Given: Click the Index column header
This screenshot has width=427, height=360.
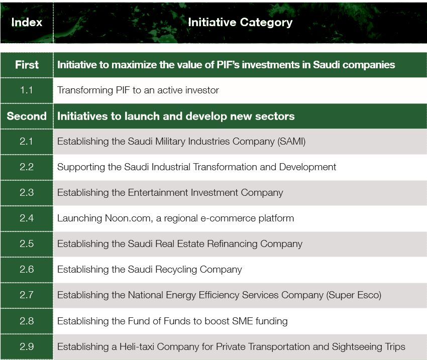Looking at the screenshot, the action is coord(27,22).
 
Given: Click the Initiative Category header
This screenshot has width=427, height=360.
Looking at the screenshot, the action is coord(240,22).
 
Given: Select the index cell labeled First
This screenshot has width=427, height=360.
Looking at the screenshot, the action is coord(27,65).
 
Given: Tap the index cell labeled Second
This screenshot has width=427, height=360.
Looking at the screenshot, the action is coord(27,116).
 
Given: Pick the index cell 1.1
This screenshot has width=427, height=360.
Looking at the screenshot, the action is coord(27,90).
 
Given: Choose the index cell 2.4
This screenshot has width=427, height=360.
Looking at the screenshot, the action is coord(27,218).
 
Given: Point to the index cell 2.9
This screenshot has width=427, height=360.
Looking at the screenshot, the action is coord(27,346).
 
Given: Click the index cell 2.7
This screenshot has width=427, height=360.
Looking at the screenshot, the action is coord(27,295).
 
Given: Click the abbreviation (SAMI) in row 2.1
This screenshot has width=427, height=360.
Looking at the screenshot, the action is coord(291,142).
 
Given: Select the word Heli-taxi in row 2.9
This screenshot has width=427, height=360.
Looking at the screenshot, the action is coord(137,346).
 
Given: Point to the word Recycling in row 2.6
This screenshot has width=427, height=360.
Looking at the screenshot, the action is coord(176,270).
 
